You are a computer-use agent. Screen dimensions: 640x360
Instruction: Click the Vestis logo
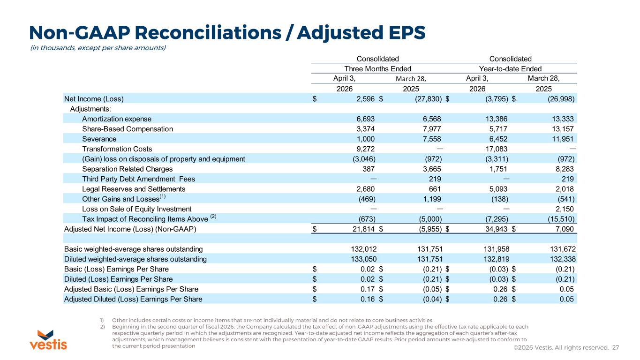pos(48,340)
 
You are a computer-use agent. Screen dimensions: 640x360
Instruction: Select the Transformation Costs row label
pos(117,149)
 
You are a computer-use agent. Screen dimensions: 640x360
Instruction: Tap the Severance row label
pos(99,139)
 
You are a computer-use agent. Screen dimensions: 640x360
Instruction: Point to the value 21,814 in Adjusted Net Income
pos(363,229)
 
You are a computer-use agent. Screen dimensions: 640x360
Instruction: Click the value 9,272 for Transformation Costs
pos(365,149)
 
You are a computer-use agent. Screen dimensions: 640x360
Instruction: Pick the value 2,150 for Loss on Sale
pos(565,209)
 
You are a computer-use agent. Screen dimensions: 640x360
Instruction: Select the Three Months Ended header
pos(378,69)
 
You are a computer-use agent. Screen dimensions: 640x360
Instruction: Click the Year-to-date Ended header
pos(510,69)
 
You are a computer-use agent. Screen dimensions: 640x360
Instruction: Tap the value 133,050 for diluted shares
pos(364,259)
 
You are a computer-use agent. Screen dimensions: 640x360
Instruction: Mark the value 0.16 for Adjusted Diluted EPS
pos(368,299)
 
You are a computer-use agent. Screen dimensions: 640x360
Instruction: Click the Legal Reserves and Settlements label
pos(134,189)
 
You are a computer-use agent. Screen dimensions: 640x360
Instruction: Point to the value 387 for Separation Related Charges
pos(369,169)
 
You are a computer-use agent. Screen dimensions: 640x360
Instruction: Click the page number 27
pos(616,347)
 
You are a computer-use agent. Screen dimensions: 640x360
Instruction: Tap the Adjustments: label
pos(90,109)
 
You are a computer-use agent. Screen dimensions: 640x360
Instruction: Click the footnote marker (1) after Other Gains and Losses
pos(163,196)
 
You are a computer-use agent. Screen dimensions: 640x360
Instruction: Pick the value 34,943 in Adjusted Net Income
pos(496,229)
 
